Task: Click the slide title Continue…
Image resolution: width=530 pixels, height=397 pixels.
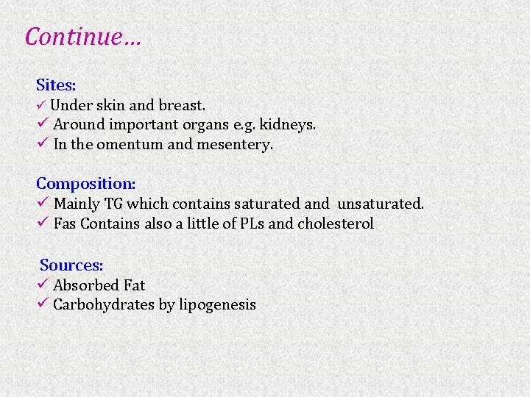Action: coord(82,36)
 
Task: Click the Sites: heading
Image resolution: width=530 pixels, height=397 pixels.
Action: coord(56,85)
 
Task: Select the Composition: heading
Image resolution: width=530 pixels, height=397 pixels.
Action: coord(86,183)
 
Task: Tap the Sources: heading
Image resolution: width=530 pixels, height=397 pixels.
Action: coord(71,265)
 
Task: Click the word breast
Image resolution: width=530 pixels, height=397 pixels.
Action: coord(183,105)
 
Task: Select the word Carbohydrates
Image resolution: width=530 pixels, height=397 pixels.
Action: coord(104,304)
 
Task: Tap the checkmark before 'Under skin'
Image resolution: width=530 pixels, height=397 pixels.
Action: coord(42,106)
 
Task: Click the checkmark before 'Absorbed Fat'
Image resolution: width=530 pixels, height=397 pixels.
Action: coord(43,285)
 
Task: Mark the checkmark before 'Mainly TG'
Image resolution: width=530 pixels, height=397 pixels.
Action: coord(43,203)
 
